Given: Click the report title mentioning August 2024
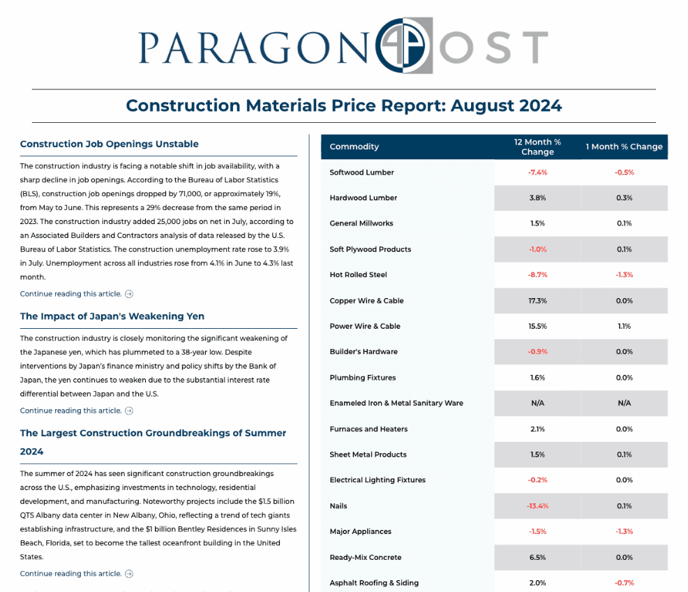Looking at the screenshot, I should click(x=343, y=105).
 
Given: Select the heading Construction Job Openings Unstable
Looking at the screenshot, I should click(x=110, y=144).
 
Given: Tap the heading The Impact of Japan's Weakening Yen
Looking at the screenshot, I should click(x=112, y=316).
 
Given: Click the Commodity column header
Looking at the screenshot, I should click(x=354, y=147).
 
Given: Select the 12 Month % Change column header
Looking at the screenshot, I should click(x=537, y=147).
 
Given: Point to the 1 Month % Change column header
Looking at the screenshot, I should click(x=624, y=147).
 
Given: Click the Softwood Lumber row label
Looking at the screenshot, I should click(x=361, y=172).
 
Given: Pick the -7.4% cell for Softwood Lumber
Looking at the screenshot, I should click(x=537, y=172).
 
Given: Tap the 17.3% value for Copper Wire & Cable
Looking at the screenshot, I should click(x=537, y=301).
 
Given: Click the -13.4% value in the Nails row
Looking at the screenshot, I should click(x=537, y=506).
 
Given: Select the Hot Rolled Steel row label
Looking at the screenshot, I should click(x=358, y=275).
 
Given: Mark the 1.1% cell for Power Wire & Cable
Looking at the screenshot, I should click(x=624, y=326).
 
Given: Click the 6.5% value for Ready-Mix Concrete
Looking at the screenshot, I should click(x=537, y=557).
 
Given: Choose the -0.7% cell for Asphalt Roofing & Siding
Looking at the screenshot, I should click(x=624, y=583).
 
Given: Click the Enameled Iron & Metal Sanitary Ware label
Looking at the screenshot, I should click(x=396, y=404).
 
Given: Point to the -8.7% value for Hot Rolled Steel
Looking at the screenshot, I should click(x=537, y=275).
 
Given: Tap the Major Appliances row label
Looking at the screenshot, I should click(x=360, y=531).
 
